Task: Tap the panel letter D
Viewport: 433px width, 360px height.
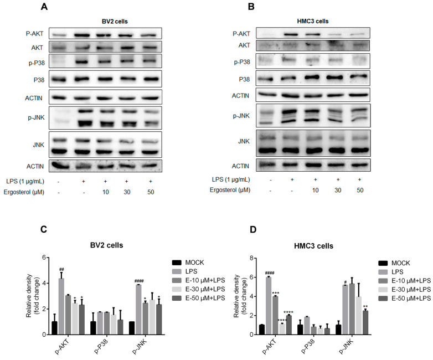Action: pos(237,228)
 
